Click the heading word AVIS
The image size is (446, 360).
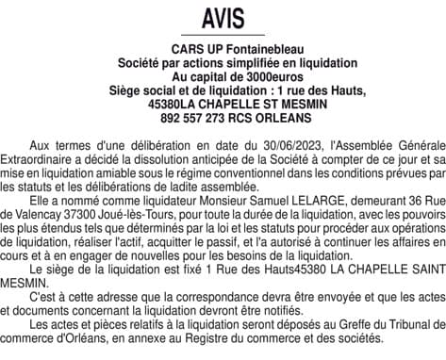coord(223,18)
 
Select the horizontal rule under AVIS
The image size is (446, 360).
coord(223,35)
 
